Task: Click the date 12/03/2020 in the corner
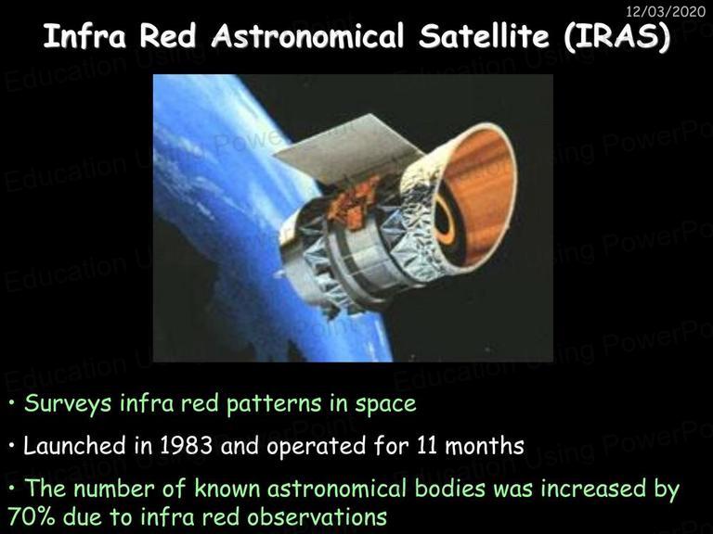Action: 666,10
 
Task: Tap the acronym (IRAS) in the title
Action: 616,36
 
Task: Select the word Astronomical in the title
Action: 307,36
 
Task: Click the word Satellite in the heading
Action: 484,36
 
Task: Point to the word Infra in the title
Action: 84,36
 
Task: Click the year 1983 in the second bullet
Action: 186,446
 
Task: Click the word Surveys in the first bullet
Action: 68,404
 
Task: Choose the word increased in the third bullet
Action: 593,489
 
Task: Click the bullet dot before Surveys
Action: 12,402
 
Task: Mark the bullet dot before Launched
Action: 12,445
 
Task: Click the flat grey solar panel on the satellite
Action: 349,149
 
